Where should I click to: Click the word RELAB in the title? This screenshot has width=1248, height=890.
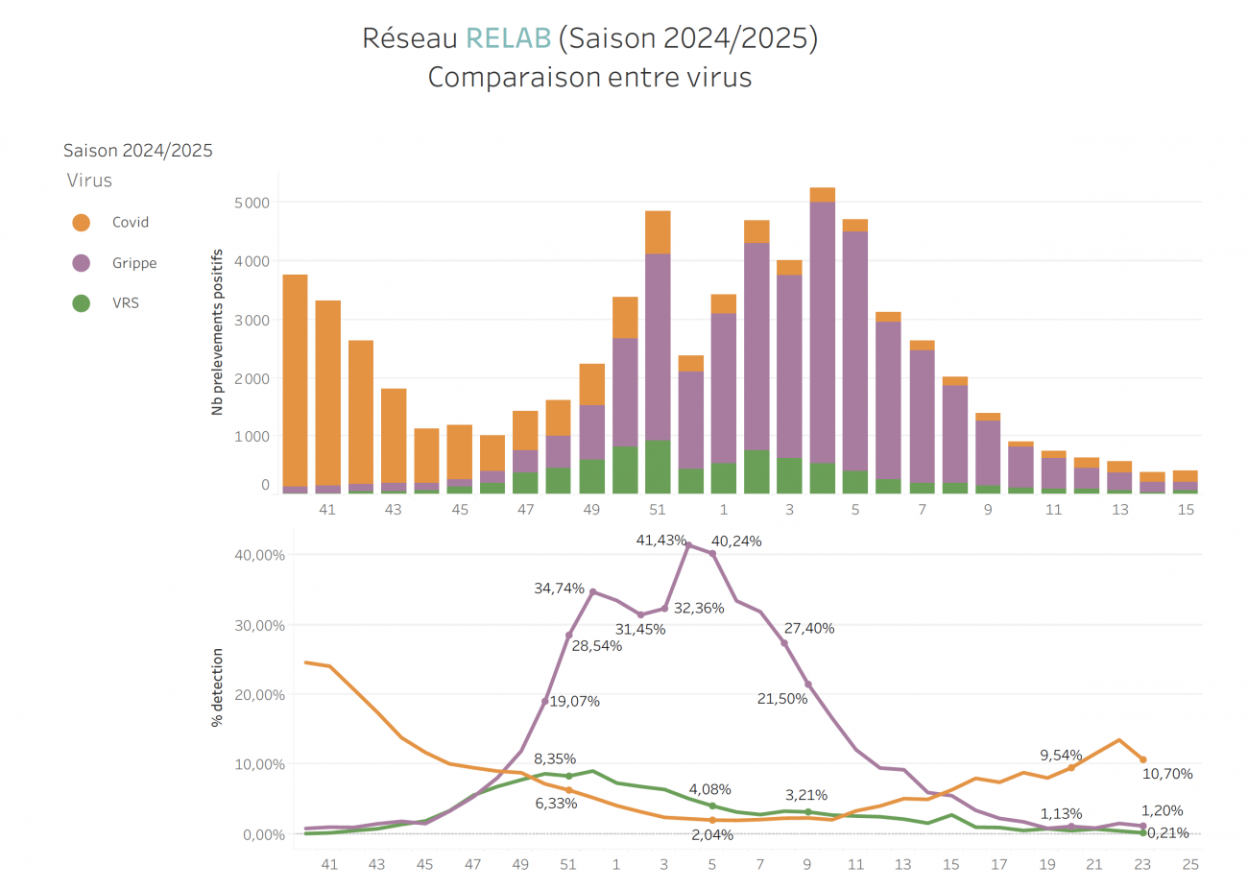click(x=508, y=38)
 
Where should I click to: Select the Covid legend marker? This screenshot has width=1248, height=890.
click(x=82, y=223)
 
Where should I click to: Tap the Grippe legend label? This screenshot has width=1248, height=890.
click(x=134, y=263)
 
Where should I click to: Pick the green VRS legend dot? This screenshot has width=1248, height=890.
click(x=82, y=303)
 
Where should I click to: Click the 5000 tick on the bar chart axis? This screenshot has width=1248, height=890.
click(x=252, y=204)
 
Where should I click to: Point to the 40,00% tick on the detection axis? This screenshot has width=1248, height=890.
click(x=259, y=555)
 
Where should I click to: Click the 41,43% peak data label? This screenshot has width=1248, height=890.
click(x=660, y=541)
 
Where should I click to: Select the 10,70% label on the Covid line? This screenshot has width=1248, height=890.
click(x=1167, y=774)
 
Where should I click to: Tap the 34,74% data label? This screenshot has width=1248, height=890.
click(x=559, y=589)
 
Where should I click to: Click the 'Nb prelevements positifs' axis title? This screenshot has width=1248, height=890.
click(x=217, y=332)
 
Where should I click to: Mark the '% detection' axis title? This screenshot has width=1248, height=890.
click(x=217, y=687)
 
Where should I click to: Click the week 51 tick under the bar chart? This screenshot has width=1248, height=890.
click(x=658, y=510)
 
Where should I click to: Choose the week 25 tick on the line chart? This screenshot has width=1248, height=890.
click(x=1190, y=864)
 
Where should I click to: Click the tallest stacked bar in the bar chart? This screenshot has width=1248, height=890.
click(x=822, y=341)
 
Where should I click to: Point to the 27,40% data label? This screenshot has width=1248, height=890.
click(x=809, y=629)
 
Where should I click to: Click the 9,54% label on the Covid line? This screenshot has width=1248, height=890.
click(x=1061, y=756)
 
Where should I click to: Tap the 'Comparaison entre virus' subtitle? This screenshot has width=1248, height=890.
click(x=589, y=78)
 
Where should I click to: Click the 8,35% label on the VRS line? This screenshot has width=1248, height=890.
click(x=555, y=759)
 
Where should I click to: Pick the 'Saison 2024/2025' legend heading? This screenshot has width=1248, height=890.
click(x=138, y=151)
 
